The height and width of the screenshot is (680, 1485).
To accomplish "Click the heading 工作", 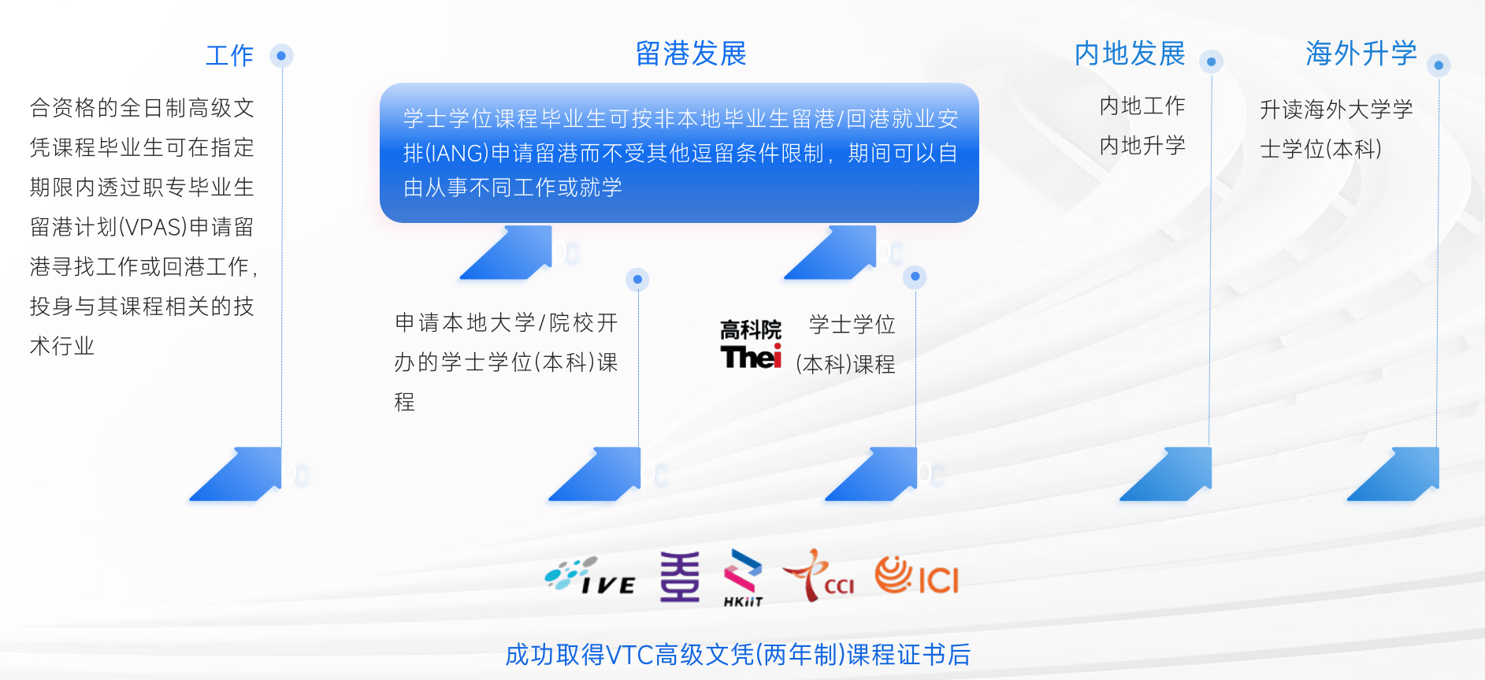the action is coord(229,56).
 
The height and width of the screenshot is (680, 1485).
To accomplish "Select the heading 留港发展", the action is coord(691,54).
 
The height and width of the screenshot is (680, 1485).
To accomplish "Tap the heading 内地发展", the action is coord(1130,54).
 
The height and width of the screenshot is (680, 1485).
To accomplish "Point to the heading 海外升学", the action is coord(1361,54).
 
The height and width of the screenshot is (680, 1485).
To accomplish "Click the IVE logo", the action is coord(590,576).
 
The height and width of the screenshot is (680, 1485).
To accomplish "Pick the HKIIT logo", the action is coord(743,578).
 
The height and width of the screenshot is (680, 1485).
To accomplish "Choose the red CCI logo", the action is coord(818,575).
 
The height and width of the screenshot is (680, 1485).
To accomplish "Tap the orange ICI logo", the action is coord(917,575).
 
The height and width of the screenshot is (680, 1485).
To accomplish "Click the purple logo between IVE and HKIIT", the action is coord(679,577).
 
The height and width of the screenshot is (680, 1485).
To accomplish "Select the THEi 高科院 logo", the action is coord(751,344).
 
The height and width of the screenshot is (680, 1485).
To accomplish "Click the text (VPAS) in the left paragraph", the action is coord(153,227).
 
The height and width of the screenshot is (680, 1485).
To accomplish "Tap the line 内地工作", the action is coord(1142,106).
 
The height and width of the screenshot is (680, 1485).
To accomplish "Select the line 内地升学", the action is coord(1142,145).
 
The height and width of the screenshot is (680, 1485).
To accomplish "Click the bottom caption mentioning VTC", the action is coord(737,655).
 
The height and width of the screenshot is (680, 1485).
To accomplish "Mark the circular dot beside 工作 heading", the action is coord(281,56).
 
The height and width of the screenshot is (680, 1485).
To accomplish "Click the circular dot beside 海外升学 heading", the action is coord(1439,65).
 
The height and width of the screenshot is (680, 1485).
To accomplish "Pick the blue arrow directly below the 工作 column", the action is coord(236,474).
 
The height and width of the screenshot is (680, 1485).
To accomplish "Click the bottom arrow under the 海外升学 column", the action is coord(1393,474).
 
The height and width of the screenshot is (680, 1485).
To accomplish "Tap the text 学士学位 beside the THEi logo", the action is coord(852,325).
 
